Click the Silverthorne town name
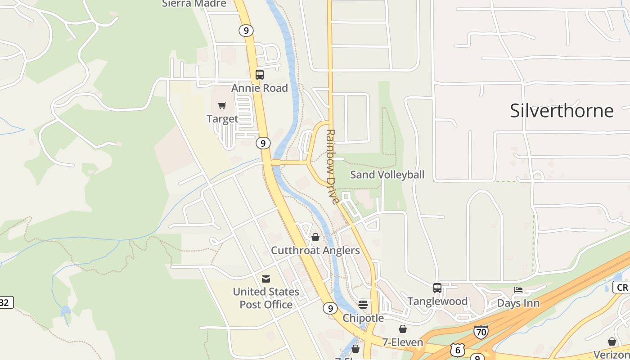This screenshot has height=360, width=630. [562, 111]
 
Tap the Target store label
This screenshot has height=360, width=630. [222, 119]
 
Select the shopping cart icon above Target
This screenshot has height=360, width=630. [222, 106]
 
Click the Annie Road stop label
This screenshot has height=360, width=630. [260, 88]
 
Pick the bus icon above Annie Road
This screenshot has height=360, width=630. [260, 75]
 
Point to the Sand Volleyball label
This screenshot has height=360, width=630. [387, 175]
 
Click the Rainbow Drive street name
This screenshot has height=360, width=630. [332, 166]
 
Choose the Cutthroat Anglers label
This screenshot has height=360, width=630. [315, 250]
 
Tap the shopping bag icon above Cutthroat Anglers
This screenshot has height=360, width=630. [315, 237]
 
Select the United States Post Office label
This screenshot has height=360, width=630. [266, 298]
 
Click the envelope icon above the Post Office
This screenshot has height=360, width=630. [266, 279]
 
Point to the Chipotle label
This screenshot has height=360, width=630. [363, 318]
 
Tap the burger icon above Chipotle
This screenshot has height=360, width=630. [363, 305]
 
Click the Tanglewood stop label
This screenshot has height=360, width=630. [437, 301]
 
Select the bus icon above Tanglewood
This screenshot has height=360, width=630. [437, 288]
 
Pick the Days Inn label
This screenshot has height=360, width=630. [518, 303]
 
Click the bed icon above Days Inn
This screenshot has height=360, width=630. [518, 290]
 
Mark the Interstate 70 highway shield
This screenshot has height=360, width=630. [481, 333]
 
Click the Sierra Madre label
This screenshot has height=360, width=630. [194, 4]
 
